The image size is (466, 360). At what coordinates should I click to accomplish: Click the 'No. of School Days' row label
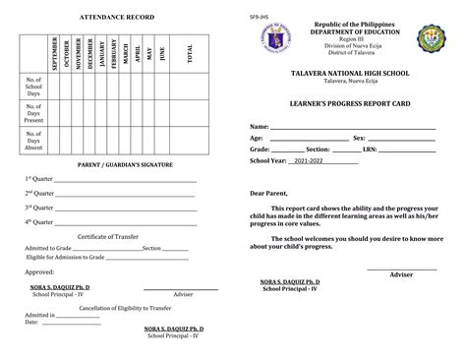[32, 87]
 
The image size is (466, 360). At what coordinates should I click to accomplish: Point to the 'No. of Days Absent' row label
[32, 140]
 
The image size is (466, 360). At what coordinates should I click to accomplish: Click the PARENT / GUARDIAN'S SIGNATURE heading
[116, 163]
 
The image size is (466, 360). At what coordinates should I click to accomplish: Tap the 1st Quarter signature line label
[39, 180]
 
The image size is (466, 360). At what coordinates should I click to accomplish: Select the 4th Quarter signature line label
[39, 221]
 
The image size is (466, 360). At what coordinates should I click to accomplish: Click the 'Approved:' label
[39, 271]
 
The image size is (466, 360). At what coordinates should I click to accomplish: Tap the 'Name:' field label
[259, 128]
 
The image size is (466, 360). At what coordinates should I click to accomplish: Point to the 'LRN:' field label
[371, 149]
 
